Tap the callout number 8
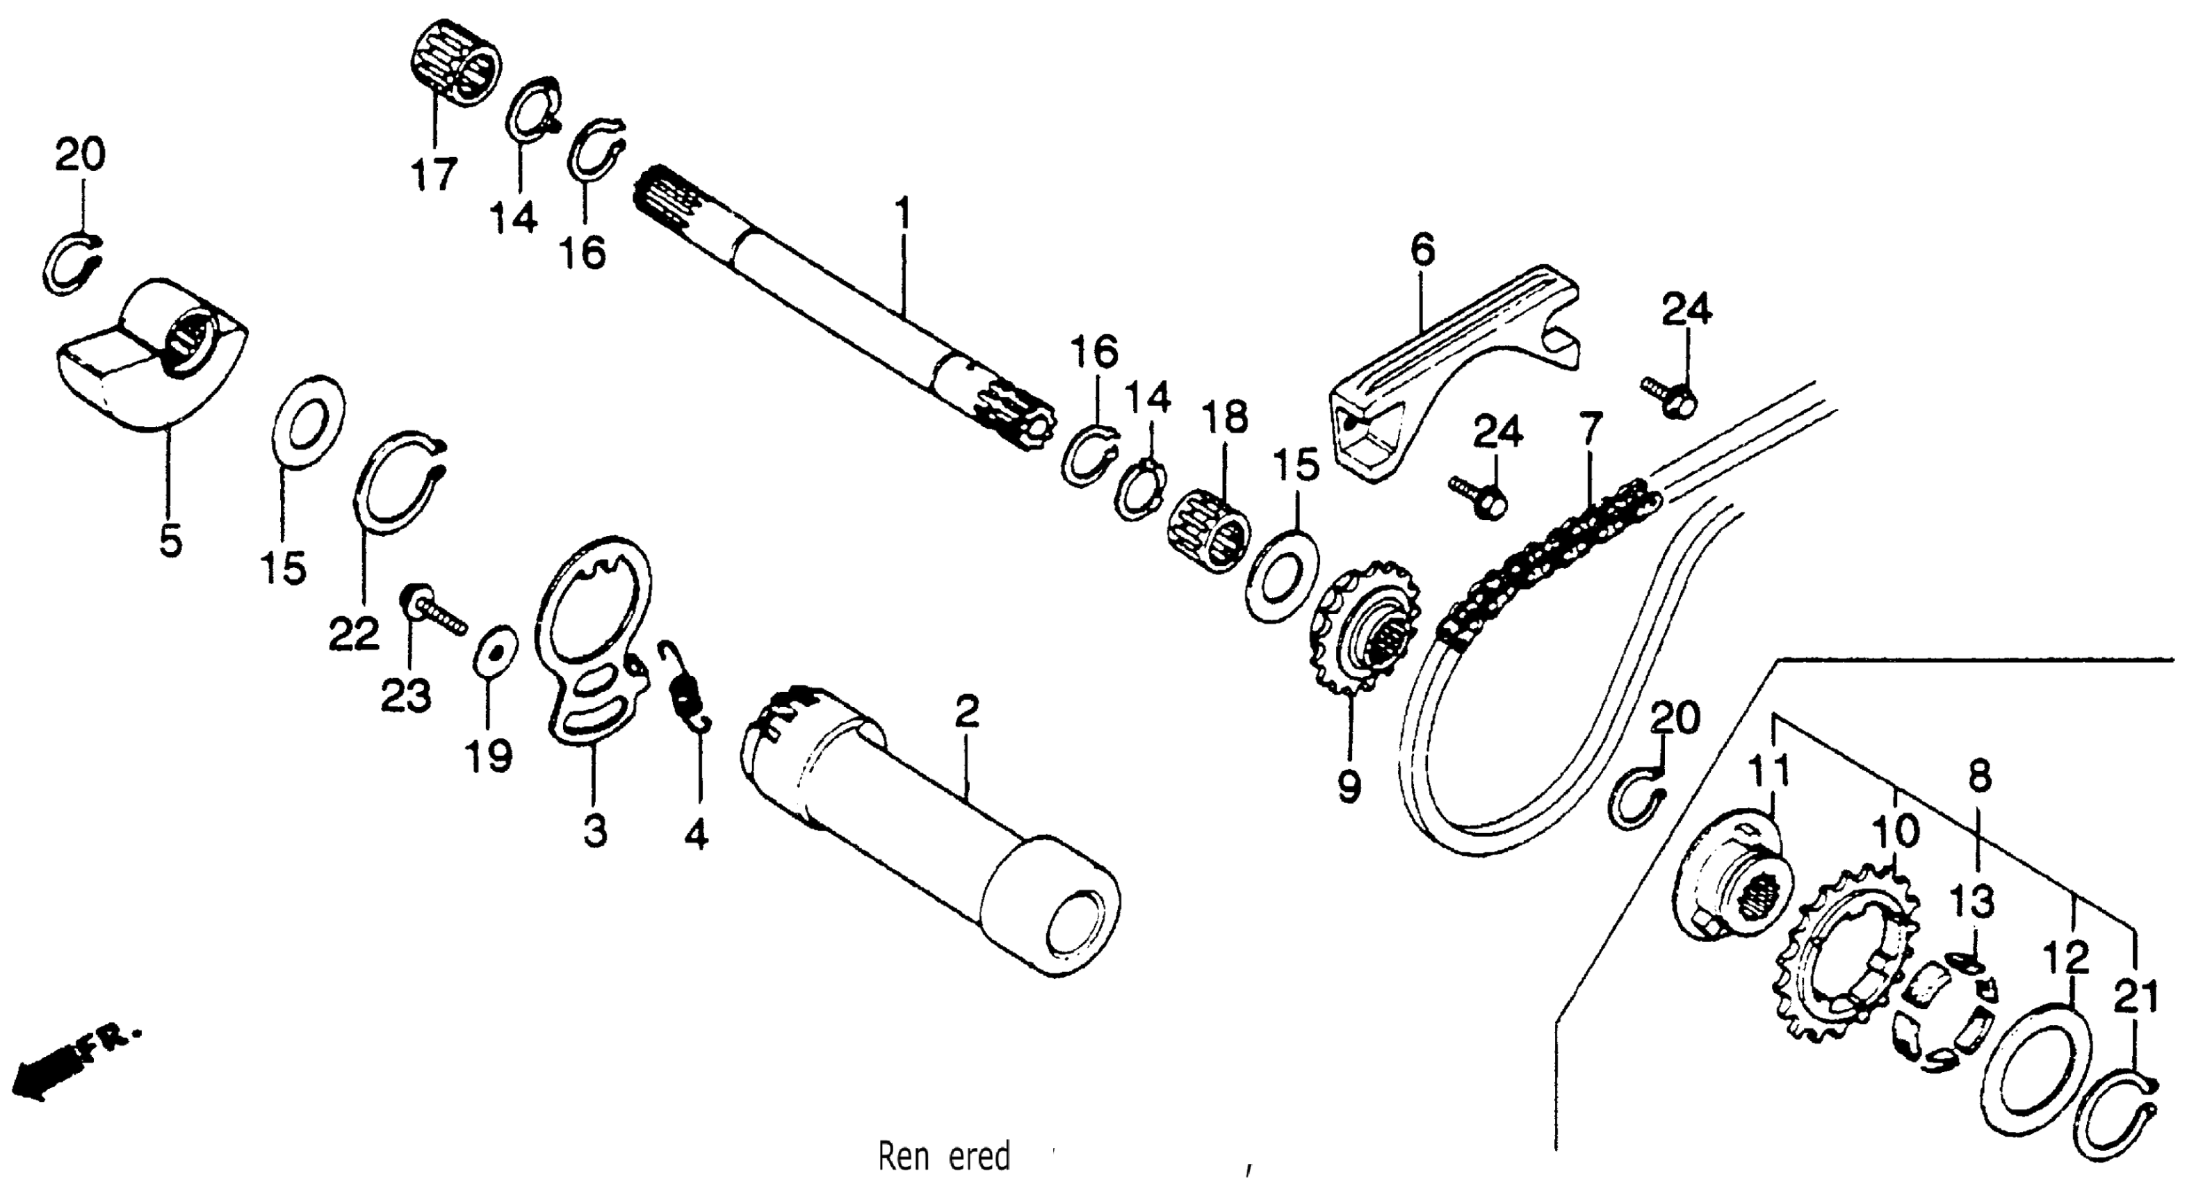coord(1980,776)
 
